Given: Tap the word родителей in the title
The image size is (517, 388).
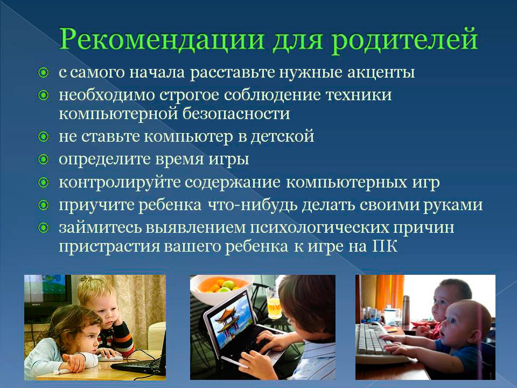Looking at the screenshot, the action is (404, 40).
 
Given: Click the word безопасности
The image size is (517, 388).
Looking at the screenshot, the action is (236, 114).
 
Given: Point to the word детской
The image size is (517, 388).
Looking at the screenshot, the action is (282, 136).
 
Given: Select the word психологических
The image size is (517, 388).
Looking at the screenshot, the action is (319, 228).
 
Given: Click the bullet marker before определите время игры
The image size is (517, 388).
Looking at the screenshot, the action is (43, 160).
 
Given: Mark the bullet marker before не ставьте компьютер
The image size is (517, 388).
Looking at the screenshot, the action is (43, 136).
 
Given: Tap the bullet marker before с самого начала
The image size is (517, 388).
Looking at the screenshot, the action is (43, 73).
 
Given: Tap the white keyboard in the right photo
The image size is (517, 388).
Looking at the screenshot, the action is (379, 344).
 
